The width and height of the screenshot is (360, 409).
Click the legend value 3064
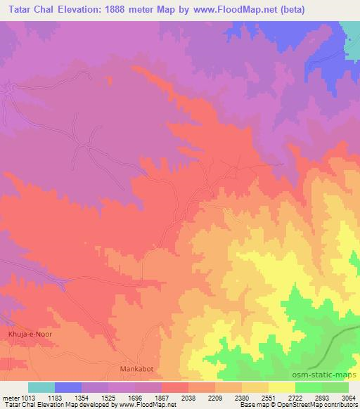(349, 397)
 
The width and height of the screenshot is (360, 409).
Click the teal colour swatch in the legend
(41, 387)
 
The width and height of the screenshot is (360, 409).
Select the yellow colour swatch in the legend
(281, 387)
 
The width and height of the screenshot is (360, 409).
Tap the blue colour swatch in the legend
(68, 387)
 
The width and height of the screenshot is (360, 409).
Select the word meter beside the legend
(8, 397)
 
